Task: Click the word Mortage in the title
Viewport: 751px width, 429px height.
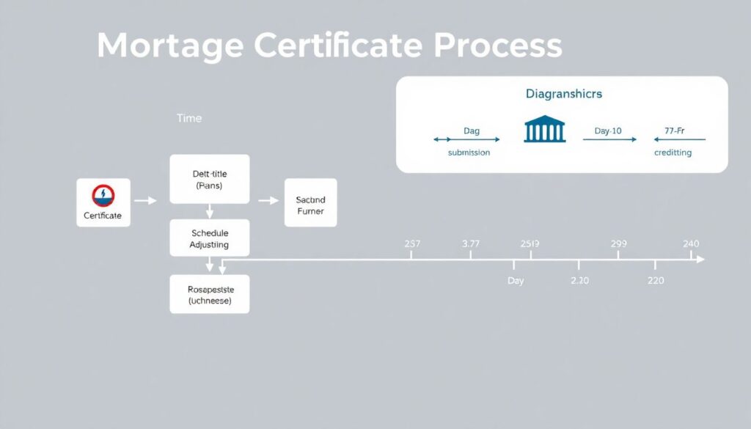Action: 170,46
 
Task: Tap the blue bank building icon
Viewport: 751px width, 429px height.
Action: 544,131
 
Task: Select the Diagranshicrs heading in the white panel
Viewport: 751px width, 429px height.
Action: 563,95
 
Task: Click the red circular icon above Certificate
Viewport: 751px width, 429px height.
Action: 103,195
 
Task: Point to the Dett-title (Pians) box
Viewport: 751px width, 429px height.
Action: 209,179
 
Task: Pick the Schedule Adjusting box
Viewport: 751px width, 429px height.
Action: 209,238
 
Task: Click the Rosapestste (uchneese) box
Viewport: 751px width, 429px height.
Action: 209,294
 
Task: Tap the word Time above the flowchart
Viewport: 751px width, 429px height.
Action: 188,118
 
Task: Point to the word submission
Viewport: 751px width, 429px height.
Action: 469,153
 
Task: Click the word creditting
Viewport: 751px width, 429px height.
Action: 673,153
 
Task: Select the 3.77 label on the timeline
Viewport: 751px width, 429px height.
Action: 471,243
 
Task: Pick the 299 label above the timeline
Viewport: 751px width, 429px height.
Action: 618,243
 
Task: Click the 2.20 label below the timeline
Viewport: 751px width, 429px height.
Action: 579,280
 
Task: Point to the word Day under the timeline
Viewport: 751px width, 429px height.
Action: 516,281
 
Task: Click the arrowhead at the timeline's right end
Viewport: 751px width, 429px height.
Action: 700,260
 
